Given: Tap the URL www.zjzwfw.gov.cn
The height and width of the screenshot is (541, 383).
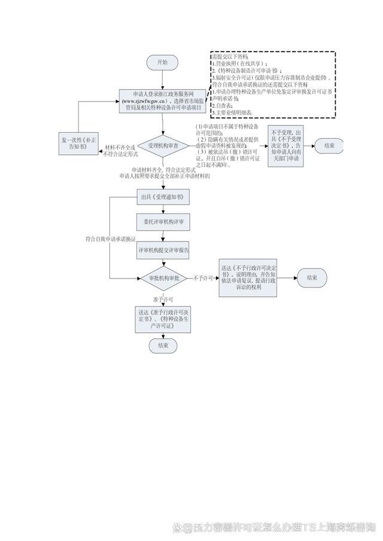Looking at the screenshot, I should pyautogui.click(x=144, y=101).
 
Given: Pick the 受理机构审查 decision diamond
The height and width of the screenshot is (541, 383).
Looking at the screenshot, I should pyautogui.click(x=163, y=145).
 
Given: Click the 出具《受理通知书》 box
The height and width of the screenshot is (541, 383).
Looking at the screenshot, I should pyautogui.click(x=163, y=197).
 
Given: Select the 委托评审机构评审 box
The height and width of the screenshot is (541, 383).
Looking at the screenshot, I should pyautogui.click(x=163, y=222).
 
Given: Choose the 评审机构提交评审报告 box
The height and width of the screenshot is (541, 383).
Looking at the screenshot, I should pyautogui.click(x=163, y=250).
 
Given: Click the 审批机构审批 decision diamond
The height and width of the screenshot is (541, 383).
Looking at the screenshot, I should pyautogui.click(x=163, y=278).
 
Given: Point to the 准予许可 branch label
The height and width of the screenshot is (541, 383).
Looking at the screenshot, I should pyautogui.click(x=163, y=298).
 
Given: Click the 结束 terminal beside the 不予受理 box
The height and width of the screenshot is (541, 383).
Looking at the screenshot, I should pyautogui.click(x=329, y=145).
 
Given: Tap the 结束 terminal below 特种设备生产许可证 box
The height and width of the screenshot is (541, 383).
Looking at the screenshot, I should pyautogui.click(x=163, y=346).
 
